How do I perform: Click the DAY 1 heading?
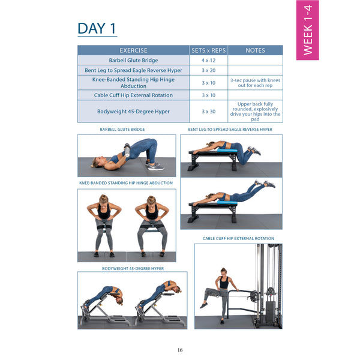coord(97,28)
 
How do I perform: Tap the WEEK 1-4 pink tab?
coord(307,30)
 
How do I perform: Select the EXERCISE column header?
coord(133,50)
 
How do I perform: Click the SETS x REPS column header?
coord(208,50)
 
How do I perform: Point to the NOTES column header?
coord(255,50)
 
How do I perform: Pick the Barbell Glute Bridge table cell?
coord(133,61)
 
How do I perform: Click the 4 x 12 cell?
coord(208,61)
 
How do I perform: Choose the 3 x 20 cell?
coord(208,70)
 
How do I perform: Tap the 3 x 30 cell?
coord(208,112)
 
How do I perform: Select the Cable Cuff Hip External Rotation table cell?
coord(133,95)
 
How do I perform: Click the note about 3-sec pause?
coord(255,82)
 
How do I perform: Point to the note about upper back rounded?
coord(255,112)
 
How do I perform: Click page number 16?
coord(180,350)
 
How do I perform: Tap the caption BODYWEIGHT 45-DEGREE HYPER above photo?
coord(132,268)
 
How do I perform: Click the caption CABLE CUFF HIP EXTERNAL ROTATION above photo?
coord(238,239)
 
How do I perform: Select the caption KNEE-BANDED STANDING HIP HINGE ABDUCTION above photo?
coord(126,183)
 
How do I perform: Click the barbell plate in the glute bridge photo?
coord(127,149)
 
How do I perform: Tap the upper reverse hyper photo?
coord(231,154)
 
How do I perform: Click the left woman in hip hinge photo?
coord(103,225)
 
